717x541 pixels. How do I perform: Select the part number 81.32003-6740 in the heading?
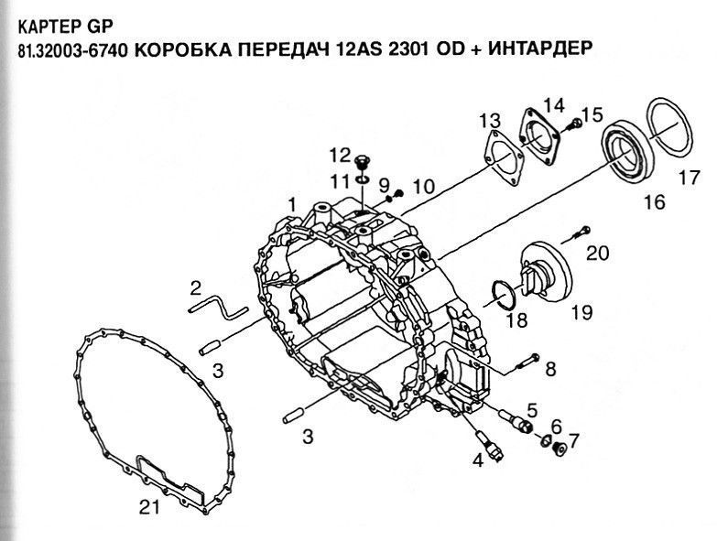click(72, 49)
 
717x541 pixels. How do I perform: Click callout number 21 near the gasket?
click(150, 506)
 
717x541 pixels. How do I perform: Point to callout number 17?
click(690, 178)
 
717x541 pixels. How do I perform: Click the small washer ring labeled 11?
click(363, 179)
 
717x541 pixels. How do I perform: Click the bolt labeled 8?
click(528, 361)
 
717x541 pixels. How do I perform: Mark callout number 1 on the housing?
click(292, 206)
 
